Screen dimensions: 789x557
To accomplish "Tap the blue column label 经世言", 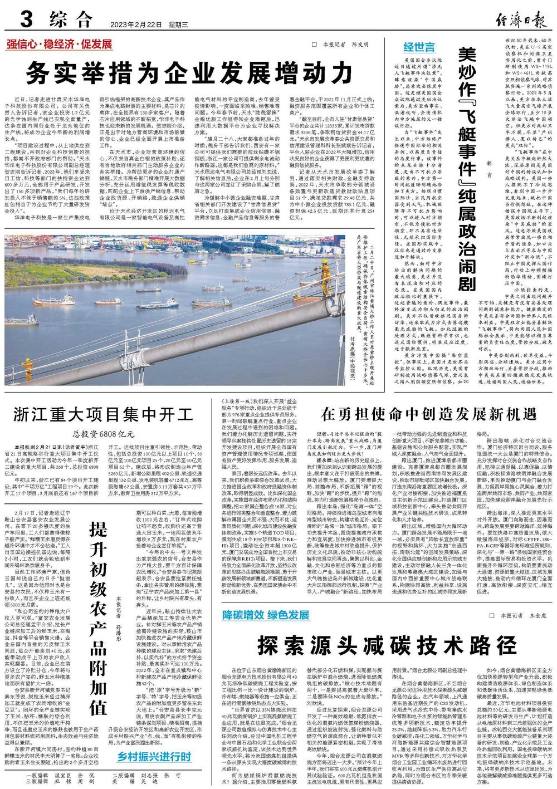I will pos(419,47).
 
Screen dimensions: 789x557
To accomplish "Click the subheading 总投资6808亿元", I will pos(104,434).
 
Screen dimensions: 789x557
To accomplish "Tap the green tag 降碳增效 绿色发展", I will pos(266,615).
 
